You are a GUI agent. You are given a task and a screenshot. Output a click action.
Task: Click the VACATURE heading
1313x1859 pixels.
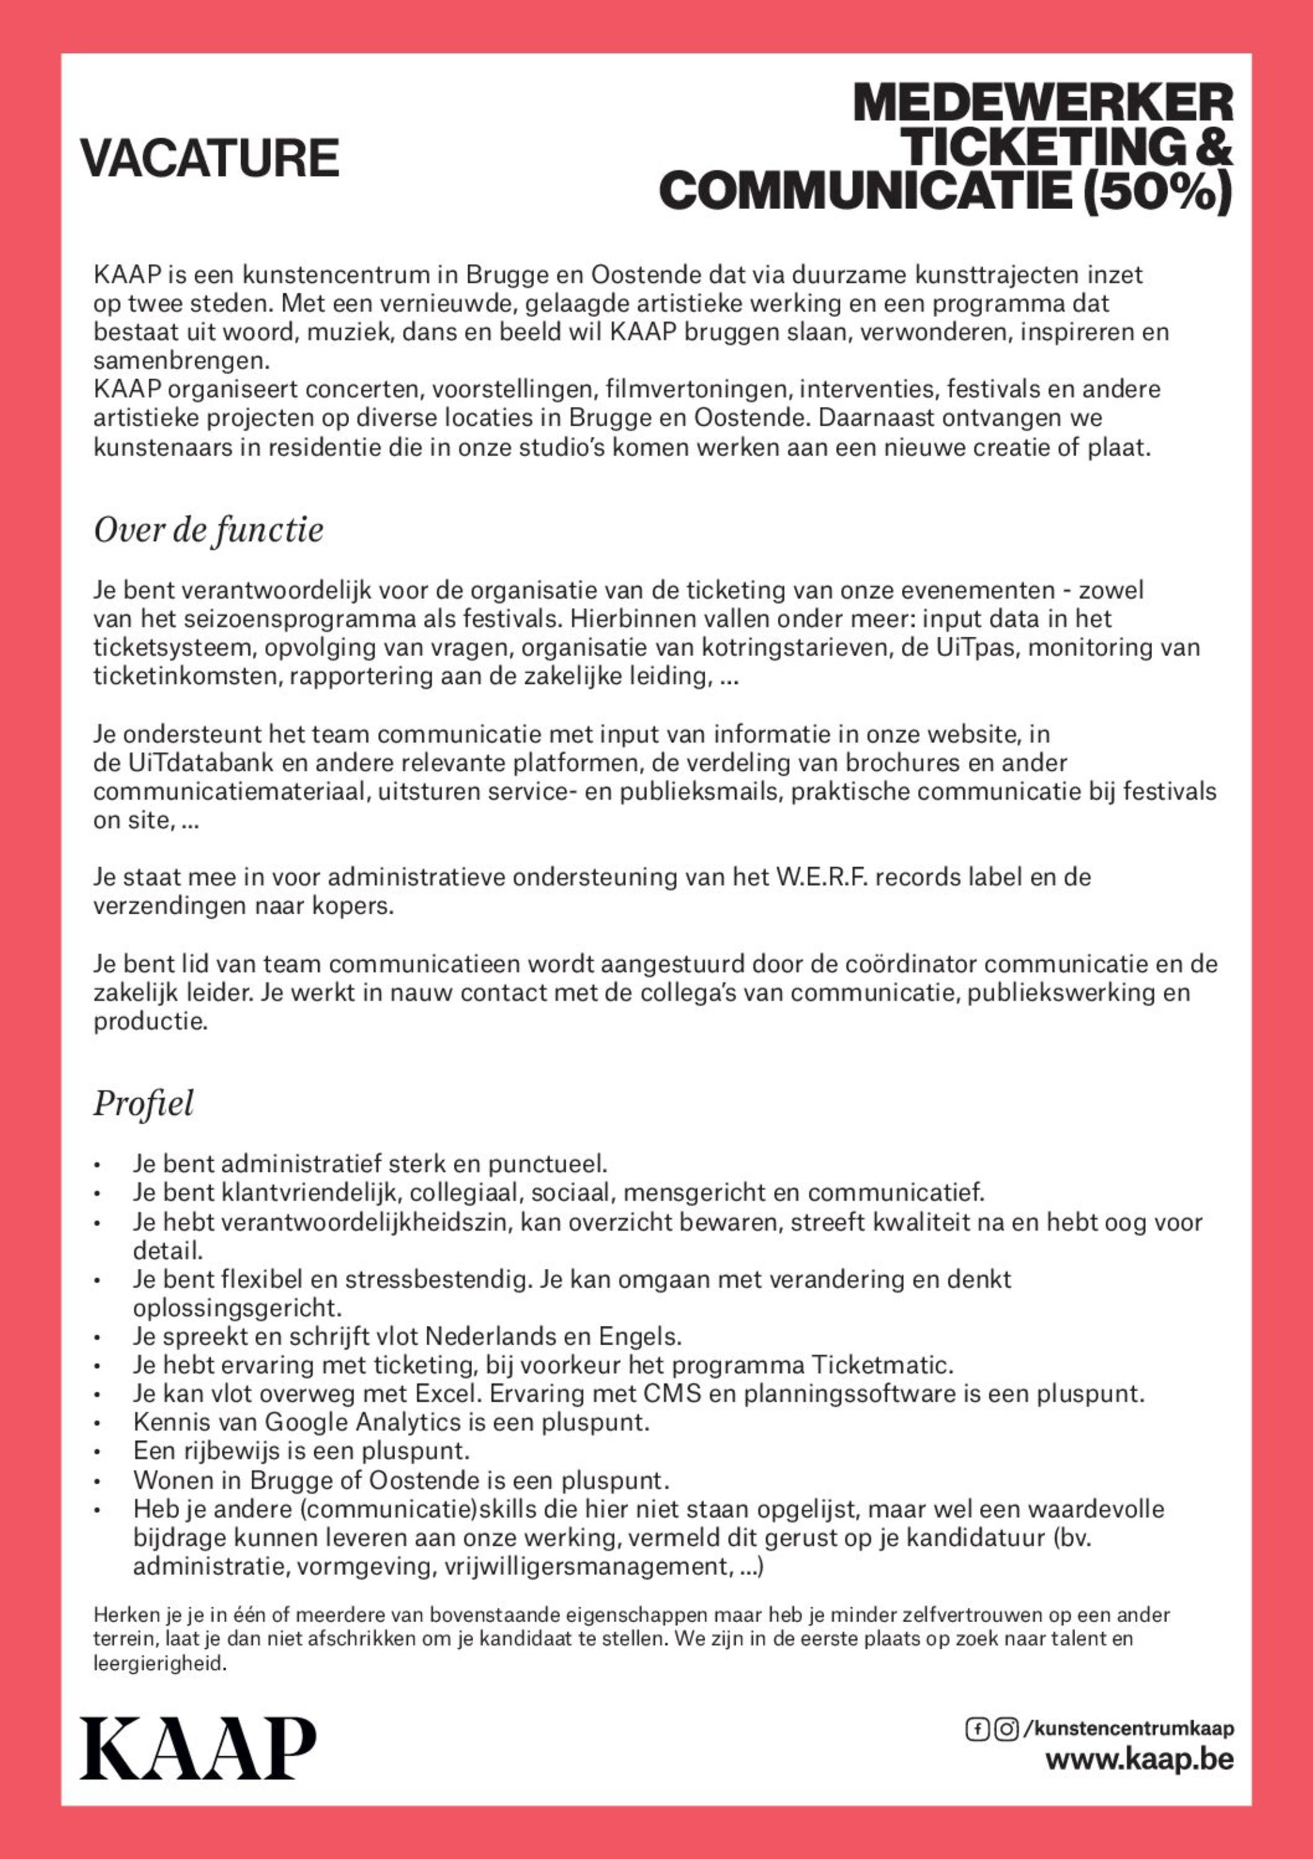(x=209, y=158)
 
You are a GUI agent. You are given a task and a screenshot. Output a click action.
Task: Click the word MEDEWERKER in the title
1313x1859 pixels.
(x=1042, y=103)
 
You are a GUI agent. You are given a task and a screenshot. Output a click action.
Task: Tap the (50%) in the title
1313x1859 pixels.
(x=1156, y=191)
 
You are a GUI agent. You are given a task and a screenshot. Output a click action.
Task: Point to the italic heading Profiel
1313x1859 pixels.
(x=143, y=1103)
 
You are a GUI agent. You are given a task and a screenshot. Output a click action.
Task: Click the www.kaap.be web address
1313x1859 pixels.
(x=1139, y=1760)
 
